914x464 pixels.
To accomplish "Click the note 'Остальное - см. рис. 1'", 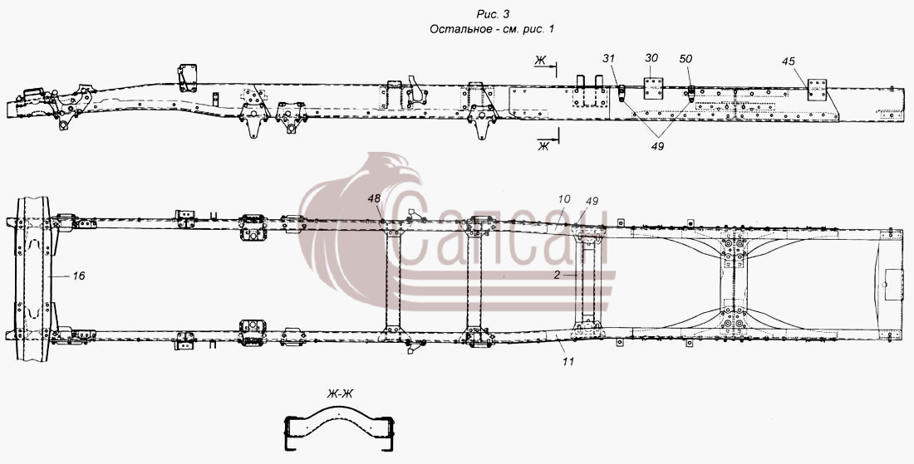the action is coord(492,29).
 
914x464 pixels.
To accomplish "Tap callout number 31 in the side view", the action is coord(609,59).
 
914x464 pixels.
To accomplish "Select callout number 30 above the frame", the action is coord(651,58).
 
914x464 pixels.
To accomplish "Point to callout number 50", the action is coord(685,59).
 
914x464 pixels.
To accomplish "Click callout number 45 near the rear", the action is coord(788,61).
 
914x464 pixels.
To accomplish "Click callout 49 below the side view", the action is coord(657,146).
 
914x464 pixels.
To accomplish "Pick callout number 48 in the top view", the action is coord(374,198).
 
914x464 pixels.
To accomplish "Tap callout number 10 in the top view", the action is coord(563,198).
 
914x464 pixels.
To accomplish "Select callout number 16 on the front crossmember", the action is coord(78,276).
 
